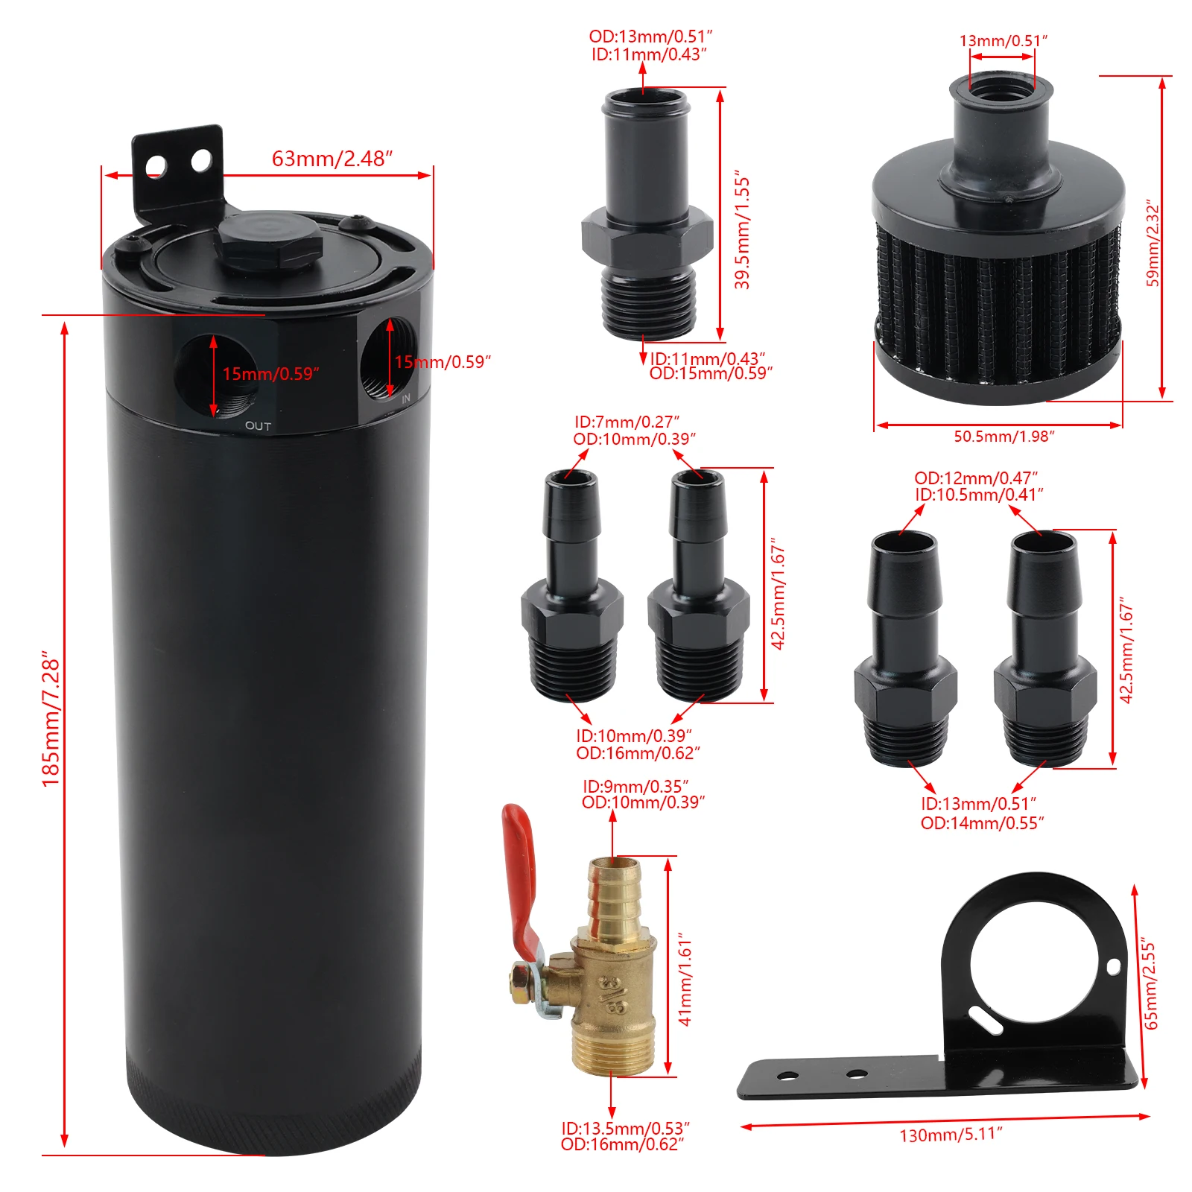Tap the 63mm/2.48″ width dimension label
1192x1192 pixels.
(x=332, y=159)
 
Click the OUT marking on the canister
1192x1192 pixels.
(x=259, y=426)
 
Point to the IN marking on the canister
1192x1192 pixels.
(x=406, y=399)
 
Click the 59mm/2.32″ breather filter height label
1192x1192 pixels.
(x=1153, y=242)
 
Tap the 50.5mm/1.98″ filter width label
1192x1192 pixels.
(x=1004, y=437)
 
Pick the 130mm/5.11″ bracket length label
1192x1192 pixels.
(x=951, y=1135)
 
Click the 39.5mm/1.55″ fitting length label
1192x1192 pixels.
(x=742, y=233)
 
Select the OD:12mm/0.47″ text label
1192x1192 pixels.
(x=976, y=478)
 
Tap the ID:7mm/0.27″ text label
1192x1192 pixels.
(x=627, y=422)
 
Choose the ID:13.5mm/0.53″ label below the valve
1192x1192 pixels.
(x=626, y=1129)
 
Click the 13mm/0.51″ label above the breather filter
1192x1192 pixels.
(x=1003, y=41)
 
